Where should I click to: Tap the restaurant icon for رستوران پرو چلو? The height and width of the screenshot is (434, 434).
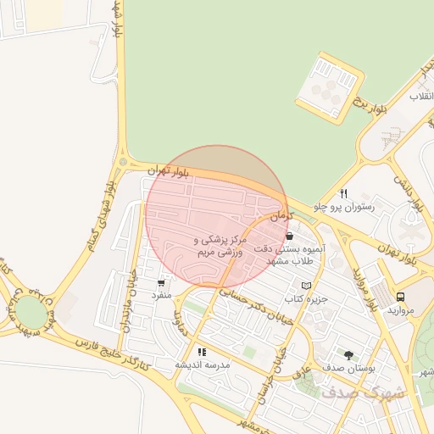click(343, 193)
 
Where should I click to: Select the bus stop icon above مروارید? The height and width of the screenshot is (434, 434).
click(399, 297)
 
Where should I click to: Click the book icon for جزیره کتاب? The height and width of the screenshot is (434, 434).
click(306, 286)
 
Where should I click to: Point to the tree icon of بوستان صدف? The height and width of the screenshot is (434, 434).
click(349, 354)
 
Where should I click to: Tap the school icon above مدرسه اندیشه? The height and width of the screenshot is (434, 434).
click(202, 351)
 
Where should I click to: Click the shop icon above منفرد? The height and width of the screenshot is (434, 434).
click(161, 282)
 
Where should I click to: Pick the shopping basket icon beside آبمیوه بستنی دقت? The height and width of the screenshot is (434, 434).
click(290, 236)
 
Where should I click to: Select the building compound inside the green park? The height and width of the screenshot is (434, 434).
click(330, 87)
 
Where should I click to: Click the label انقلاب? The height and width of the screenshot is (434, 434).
click(421, 97)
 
